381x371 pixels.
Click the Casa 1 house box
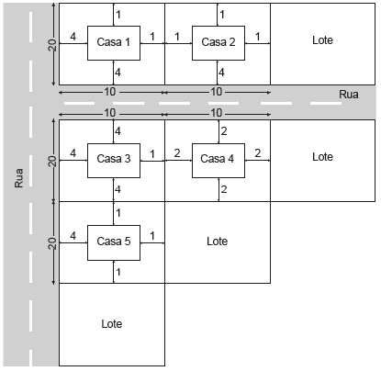coord(114,43)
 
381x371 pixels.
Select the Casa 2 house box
coord(219,43)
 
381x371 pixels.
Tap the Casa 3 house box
coord(114,161)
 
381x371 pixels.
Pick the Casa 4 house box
coord(219,161)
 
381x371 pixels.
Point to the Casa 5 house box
coord(114,243)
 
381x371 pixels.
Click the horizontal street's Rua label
coord(349,95)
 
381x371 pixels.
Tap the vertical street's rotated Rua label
coord(18,178)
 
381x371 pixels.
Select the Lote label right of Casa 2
coord(322,40)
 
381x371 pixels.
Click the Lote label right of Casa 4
coord(322,157)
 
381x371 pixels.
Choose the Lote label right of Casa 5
coord(217,242)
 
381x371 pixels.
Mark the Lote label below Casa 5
coord(112,324)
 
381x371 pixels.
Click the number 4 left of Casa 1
coord(73,37)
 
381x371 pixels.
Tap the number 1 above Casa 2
coord(222,15)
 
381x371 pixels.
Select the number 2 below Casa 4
coord(224,189)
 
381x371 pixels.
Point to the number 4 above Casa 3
coord(118,131)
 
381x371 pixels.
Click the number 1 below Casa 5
coord(118,272)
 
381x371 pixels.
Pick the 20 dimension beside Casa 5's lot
coord(52,243)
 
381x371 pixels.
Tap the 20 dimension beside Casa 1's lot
coord(52,45)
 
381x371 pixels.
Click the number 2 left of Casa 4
coord(177,153)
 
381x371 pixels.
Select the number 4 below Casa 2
coord(221,73)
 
